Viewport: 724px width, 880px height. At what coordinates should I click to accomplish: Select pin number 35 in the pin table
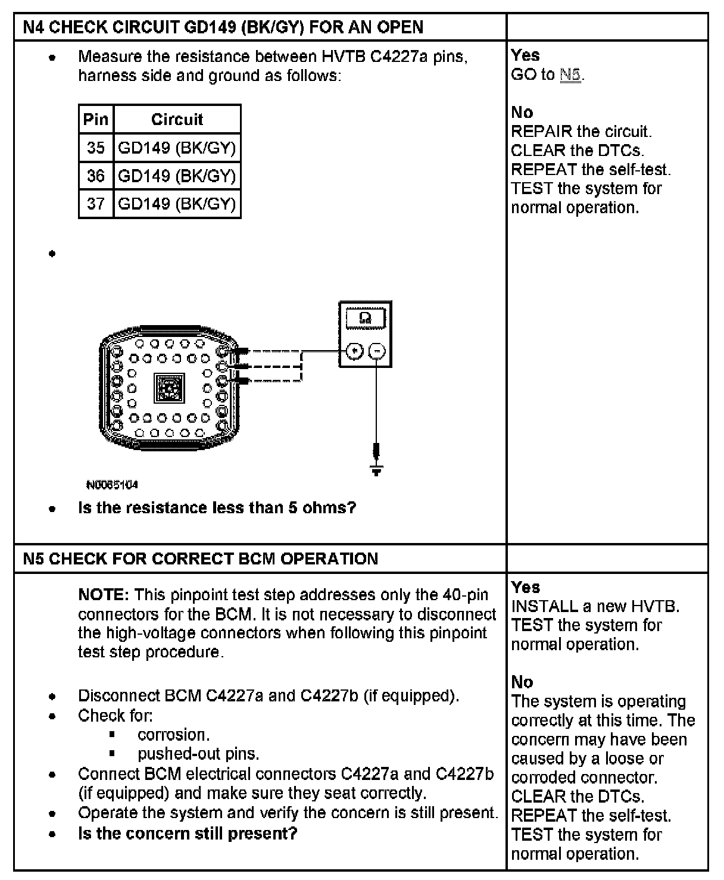(95, 148)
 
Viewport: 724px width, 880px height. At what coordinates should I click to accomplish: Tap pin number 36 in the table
(95, 176)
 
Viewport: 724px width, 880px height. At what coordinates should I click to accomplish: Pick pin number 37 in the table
(95, 204)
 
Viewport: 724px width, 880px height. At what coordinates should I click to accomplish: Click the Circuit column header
(177, 119)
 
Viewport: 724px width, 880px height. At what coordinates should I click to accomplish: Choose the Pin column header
(95, 119)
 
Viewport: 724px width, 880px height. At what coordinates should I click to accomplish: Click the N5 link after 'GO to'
(570, 75)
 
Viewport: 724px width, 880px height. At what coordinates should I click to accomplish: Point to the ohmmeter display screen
(365, 319)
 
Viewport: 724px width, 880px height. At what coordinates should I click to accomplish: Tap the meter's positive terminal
(355, 351)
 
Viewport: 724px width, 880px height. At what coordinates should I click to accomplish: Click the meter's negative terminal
(377, 351)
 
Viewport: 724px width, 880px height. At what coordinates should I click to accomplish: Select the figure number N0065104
(112, 485)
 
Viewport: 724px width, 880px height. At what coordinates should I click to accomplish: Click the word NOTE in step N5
(103, 595)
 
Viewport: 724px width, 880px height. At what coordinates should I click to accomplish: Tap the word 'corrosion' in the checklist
(173, 735)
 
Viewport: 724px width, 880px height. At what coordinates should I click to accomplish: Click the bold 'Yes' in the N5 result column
(525, 588)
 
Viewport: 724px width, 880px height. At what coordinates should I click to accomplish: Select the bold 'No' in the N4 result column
(522, 113)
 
